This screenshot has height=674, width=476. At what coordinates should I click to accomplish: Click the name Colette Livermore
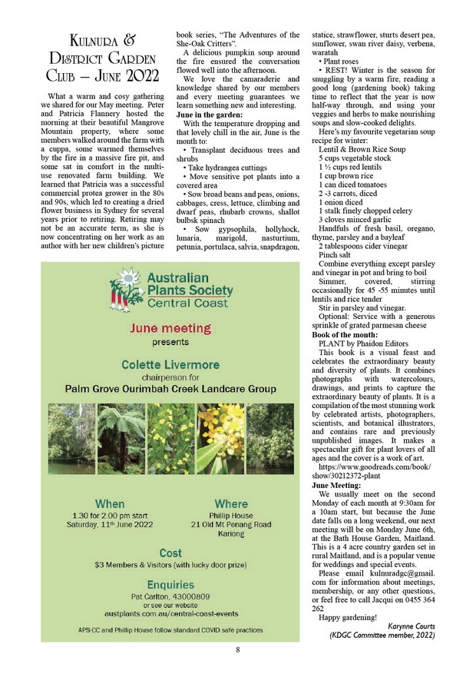pos(170,364)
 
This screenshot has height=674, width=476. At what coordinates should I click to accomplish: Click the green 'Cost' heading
pos(170,552)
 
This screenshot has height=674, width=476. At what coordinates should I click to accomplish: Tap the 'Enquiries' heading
pos(170,583)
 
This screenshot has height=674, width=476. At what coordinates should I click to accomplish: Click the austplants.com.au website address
pos(170,613)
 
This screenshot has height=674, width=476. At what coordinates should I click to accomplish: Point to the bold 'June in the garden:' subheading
pos(210,114)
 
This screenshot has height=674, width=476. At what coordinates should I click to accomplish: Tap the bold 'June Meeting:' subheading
pos(336,486)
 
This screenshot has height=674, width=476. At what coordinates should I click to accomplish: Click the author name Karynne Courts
pos(420,626)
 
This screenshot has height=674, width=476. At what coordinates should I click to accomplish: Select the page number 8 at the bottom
pos(238,650)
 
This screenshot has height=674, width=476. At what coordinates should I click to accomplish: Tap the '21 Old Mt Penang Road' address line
pos(231,524)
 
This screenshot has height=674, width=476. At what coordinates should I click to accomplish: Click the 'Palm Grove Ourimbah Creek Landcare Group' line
pos(170,389)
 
